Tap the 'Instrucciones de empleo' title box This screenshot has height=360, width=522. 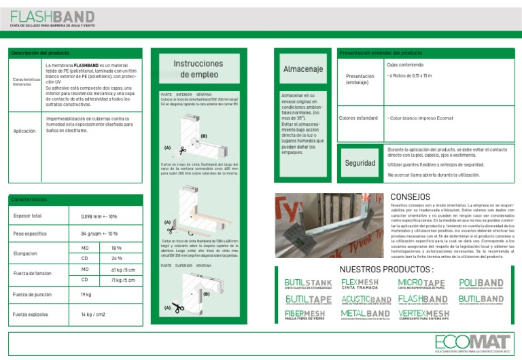[198, 69]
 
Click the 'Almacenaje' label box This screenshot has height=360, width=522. [302, 69]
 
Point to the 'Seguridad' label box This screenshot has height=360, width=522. [360, 164]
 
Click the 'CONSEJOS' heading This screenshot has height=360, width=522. [411, 197]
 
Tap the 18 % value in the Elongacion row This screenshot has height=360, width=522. [116, 248]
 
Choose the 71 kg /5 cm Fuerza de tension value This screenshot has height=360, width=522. [123, 279]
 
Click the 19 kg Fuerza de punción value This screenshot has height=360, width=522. [86, 295]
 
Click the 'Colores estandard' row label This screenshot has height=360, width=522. [358, 118]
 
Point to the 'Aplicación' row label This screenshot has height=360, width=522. [24, 131]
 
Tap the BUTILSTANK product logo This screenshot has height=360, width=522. [308, 284]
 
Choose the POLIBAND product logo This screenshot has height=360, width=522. [481, 284]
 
